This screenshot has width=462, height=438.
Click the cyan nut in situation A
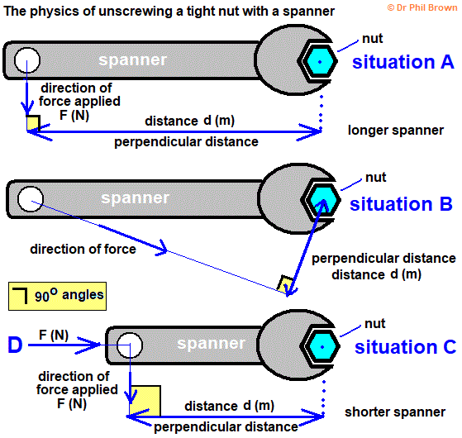click(x=318, y=60)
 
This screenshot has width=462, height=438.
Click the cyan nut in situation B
click(x=320, y=199)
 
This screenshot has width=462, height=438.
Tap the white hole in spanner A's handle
click(x=26, y=60)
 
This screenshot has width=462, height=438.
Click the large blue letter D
click(x=14, y=345)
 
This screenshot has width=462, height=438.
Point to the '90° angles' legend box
click(x=55, y=294)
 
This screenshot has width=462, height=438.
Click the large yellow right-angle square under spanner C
click(x=145, y=401)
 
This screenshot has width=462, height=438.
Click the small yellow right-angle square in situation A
click(x=33, y=123)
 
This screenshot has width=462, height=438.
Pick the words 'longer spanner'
click(x=395, y=130)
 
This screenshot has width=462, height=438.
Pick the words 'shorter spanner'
click(x=395, y=411)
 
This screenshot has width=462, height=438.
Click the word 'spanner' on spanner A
click(x=132, y=60)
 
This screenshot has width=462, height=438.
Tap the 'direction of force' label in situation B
click(x=83, y=248)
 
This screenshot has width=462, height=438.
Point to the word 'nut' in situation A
click(x=373, y=38)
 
